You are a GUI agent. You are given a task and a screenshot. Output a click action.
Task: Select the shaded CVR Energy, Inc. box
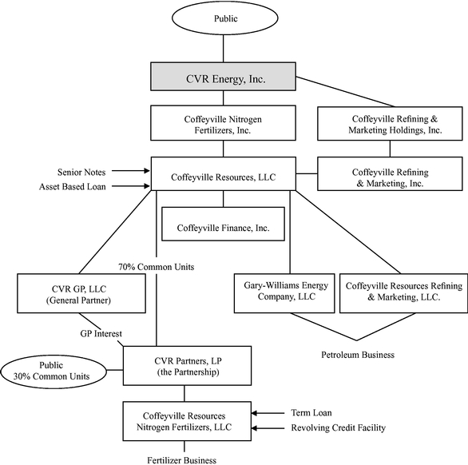223,77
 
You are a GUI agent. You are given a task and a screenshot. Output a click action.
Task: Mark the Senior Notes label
81,173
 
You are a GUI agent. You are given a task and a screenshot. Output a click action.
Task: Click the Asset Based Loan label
73,187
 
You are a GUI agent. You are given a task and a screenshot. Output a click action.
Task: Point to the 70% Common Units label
156,267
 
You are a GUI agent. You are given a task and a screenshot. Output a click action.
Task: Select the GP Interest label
101,333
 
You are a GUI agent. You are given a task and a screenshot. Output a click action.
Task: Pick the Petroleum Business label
358,355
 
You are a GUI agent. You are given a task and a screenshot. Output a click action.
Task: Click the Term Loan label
311,413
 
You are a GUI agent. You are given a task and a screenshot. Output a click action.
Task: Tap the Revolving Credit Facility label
339,427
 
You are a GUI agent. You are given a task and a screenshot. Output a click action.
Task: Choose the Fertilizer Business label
182,460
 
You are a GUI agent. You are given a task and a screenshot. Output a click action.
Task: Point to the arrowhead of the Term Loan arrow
254,413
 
